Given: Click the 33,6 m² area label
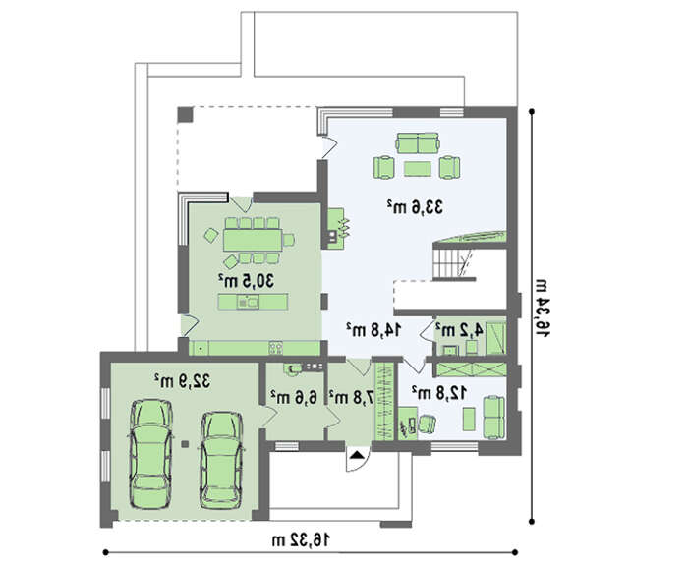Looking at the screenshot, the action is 415,207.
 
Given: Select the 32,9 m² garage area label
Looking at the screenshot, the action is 182,381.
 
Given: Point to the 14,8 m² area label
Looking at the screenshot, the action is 373,330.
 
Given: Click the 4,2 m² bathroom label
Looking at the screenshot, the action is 459,330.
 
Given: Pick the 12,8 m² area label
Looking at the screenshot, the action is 438,393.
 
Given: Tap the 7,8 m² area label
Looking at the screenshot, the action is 352,397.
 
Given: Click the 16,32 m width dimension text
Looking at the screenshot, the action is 301,540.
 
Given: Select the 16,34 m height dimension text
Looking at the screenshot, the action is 541,308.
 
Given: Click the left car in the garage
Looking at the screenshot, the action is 150,454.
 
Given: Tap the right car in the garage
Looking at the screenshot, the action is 221,460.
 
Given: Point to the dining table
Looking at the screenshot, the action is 253,240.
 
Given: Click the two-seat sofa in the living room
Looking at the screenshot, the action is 418,143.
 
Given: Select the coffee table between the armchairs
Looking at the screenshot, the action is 418,169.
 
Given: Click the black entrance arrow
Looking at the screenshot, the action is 357,454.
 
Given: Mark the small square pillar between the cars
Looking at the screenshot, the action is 186,444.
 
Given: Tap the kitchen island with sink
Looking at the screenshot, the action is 253,302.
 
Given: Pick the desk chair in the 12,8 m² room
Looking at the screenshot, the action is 427,424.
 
